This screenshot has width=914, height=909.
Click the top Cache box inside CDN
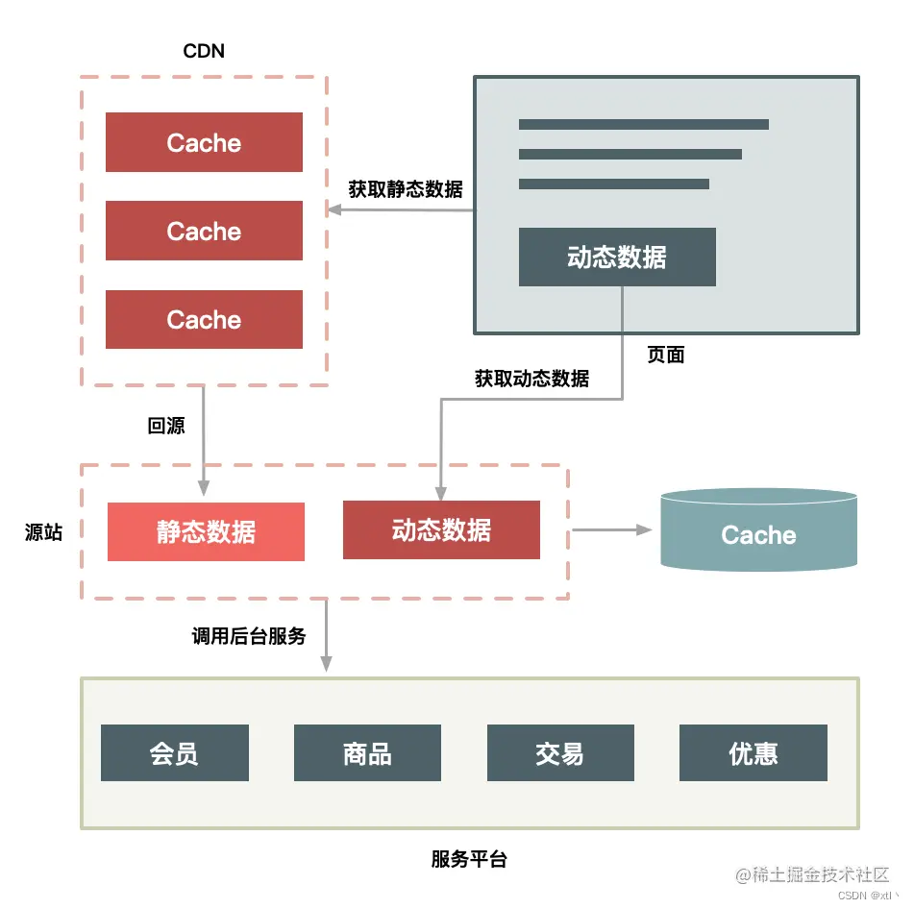click(x=204, y=143)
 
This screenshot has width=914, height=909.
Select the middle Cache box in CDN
click(x=204, y=232)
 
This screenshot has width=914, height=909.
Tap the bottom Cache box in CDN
click(x=204, y=320)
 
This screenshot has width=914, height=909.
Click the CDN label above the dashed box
click(x=204, y=51)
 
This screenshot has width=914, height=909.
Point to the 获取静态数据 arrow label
click(x=405, y=189)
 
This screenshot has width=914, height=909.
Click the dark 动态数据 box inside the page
click(x=617, y=258)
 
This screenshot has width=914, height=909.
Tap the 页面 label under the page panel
click(x=665, y=355)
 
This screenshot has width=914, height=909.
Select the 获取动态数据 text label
click(x=531, y=379)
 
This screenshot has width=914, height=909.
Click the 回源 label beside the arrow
click(x=166, y=426)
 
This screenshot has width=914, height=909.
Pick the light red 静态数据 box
click(x=206, y=532)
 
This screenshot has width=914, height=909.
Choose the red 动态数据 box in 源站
click(x=441, y=530)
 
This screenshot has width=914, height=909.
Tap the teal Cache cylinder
click(x=758, y=531)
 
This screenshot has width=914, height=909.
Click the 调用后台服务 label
click(x=249, y=636)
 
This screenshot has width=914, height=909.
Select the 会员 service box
click(x=174, y=753)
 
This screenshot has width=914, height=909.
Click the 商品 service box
click(x=367, y=753)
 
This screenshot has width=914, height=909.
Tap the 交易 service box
click(x=560, y=753)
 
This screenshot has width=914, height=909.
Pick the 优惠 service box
click(x=753, y=753)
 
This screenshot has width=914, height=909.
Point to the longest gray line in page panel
click(x=643, y=124)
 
